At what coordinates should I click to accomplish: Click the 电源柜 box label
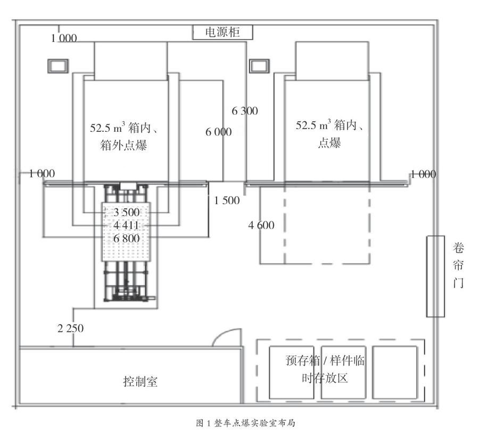[x=222, y=32]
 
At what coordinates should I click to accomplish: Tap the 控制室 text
[x=140, y=381]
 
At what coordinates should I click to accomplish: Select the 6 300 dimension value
[x=245, y=111]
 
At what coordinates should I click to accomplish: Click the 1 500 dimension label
[x=227, y=200]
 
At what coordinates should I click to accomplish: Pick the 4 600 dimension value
[x=261, y=225]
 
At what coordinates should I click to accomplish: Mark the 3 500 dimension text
[x=127, y=213]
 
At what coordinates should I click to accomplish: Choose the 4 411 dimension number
[x=127, y=226]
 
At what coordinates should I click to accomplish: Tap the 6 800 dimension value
[x=127, y=239]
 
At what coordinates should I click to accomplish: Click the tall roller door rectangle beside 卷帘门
[x=435, y=276]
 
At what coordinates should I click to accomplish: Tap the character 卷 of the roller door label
[x=458, y=248]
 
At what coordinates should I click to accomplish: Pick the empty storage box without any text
[x=394, y=372]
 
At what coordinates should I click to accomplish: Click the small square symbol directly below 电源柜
[x=258, y=65]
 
